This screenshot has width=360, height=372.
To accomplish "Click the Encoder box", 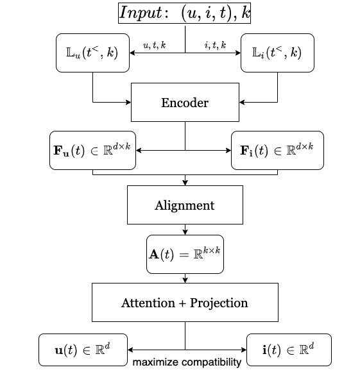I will click(185, 103).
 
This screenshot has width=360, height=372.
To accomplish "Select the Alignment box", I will click(185, 206).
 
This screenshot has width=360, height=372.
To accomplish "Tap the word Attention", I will click(148, 303).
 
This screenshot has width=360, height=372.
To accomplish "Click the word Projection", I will click(218, 303).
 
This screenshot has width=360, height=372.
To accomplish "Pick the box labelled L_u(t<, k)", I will click(92, 53).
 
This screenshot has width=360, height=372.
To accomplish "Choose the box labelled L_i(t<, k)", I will click(277, 53).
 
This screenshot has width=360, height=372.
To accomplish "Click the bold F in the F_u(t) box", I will click(58, 151).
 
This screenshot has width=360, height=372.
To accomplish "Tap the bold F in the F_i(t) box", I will click(244, 151).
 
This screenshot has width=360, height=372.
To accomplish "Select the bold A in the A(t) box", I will click(154, 255).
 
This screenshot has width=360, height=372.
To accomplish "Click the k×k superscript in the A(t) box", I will click(212, 249).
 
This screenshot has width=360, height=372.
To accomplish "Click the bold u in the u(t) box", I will click(59, 351).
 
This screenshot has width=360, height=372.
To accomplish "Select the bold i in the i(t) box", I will click(265, 350).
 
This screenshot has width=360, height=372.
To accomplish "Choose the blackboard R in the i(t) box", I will click(304, 351).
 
